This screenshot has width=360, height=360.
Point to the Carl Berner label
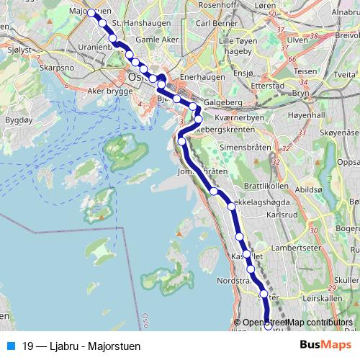pos(212,22)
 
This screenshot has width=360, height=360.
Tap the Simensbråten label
pos(240,146)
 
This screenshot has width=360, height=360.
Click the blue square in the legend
pos(10,346)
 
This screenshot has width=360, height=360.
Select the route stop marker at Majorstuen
pos(93,12)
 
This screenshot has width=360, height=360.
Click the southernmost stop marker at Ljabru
pos(269,326)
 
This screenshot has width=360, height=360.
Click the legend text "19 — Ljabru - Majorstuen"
pos(81,346)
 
